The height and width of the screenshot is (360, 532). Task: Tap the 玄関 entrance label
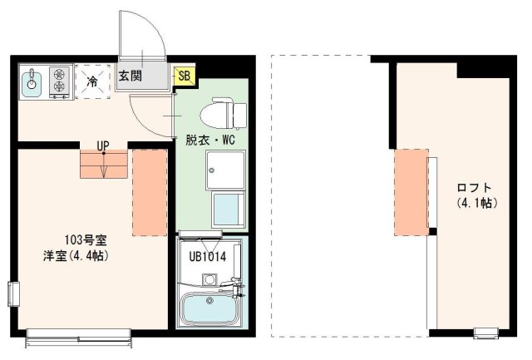(130, 76)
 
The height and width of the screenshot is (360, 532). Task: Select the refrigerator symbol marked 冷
(93, 81)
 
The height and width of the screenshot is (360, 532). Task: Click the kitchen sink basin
(32, 81)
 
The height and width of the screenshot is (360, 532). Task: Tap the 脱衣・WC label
(210, 140)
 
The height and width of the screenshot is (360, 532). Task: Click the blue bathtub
(208, 311)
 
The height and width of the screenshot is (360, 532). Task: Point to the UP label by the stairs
(103, 146)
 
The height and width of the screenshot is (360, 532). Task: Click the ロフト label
(475, 187)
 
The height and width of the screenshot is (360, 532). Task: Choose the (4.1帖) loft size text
(475, 202)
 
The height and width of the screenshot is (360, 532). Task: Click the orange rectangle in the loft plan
(411, 192)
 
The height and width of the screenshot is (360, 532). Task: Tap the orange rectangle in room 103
(150, 190)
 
